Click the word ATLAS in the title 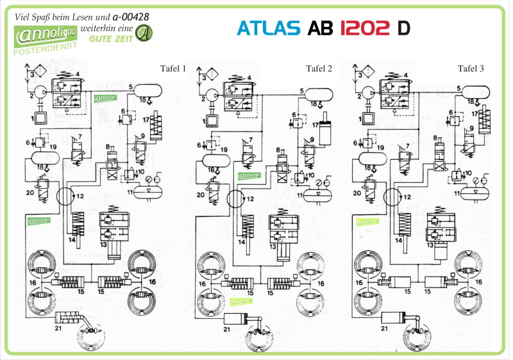(269, 28)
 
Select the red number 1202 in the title (364, 28)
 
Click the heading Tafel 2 (319, 69)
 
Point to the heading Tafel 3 (471, 69)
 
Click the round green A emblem (146, 33)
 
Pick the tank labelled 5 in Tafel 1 (149, 89)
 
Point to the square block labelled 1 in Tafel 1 (40, 118)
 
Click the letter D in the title (403, 28)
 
